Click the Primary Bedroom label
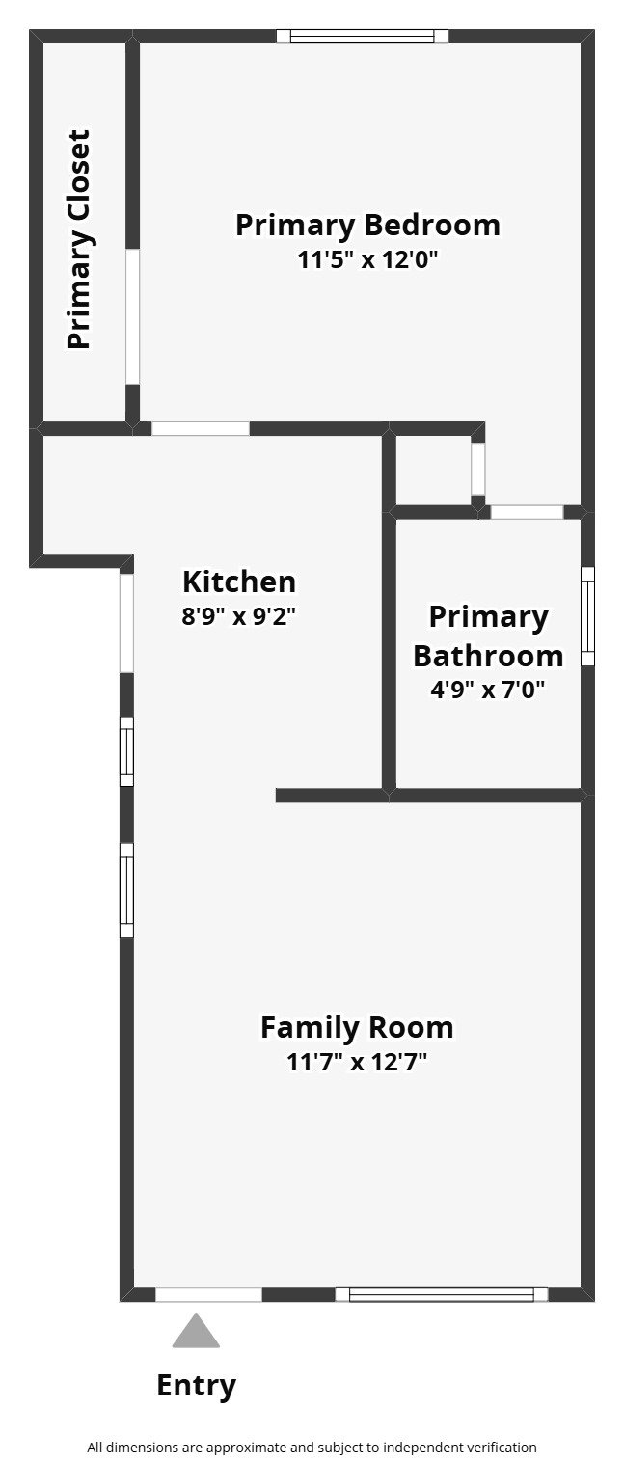click(x=367, y=226)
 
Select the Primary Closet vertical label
click(x=78, y=239)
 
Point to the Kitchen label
click(x=238, y=582)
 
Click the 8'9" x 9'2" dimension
click(x=238, y=616)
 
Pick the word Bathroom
click(x=488, y=656)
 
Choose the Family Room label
click(x=356, y=1028)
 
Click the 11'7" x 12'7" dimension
click(x=356, y=1063)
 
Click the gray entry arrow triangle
click(x=196, y=1332)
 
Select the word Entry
click(x=196, y=1386)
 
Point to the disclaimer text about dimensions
click(x=312, y=1447)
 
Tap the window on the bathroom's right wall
click(x=587, y=616)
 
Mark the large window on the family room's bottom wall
click(x=441, y=1294)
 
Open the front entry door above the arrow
click(x=208, y=1294)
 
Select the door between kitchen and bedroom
click(x=201, y=428)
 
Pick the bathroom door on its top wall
click(x=527, y=512)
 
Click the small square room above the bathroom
click(x=433, y=471)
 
